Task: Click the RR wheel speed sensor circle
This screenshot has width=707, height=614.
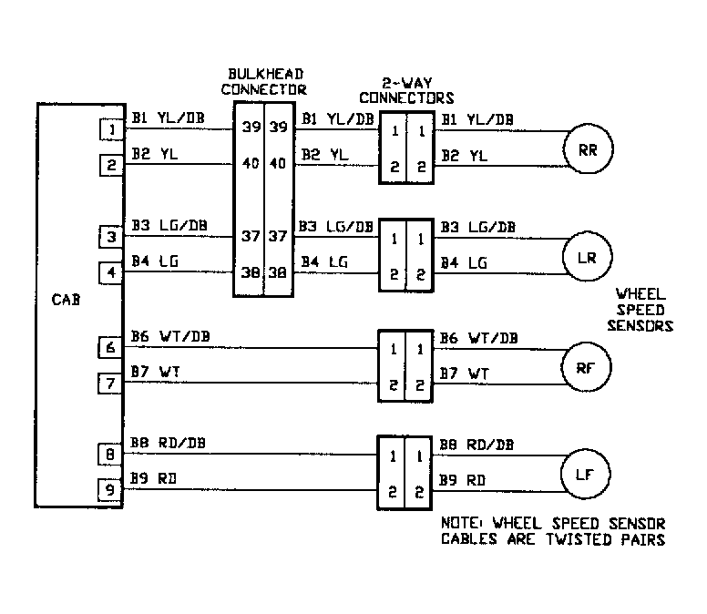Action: click(588, 149)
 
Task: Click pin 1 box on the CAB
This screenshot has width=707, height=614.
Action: click(111, 131)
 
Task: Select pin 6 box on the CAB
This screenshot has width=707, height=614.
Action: click(111, 347)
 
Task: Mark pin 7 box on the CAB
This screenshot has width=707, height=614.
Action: click(111, 384)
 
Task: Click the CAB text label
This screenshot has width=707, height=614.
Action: click(67, 298)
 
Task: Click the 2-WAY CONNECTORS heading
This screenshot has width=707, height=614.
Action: click(406, 92)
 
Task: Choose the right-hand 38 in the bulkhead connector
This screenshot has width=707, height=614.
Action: click(278, 271)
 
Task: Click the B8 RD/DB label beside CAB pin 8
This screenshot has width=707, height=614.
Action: click(169, 443)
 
